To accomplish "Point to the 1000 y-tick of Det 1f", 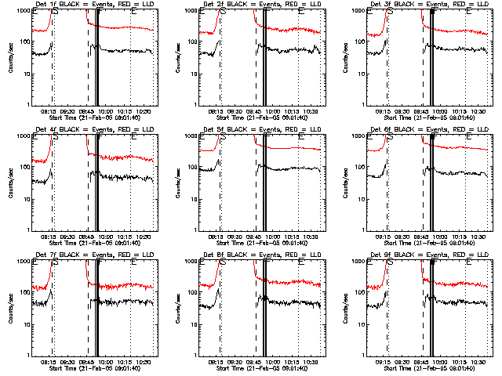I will click(24, 11).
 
